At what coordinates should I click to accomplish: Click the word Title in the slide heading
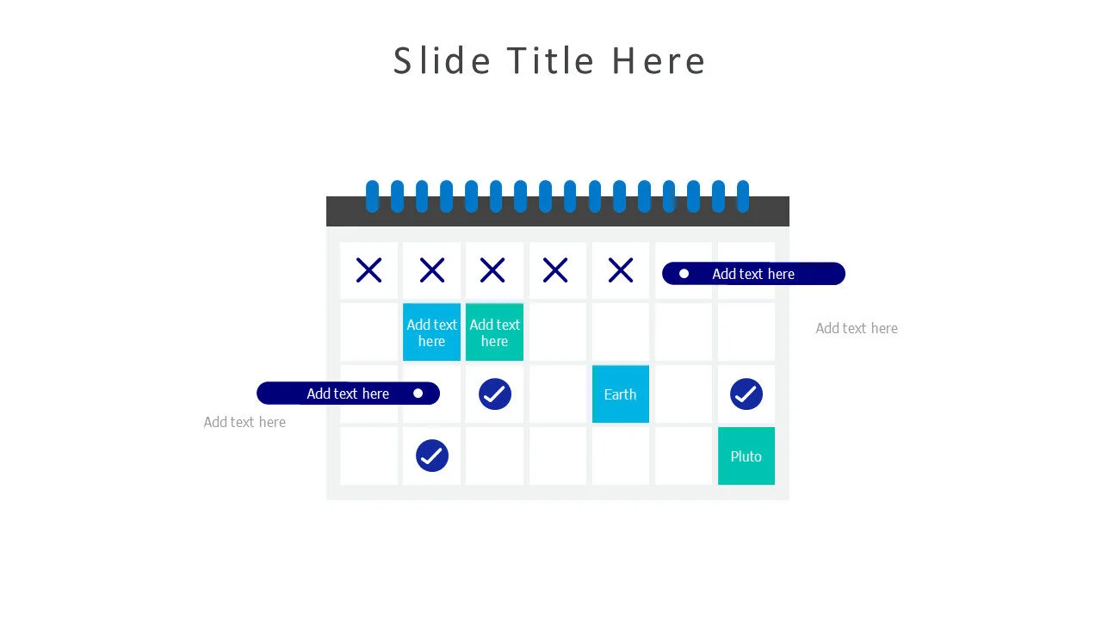(x=550, y=61)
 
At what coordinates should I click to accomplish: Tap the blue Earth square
(x=620, y=394)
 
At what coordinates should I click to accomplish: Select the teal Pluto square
(x=746, y=456)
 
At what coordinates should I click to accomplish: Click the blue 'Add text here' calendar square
(x=431, y=332)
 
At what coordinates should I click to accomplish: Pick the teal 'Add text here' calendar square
(x=494, y=332)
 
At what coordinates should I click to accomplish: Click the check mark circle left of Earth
(x=494, y=394)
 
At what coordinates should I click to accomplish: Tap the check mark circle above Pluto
(x=746, y=394)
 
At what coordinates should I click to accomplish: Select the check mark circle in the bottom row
(x=431, y=456)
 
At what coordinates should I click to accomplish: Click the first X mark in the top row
(x=368, y=270)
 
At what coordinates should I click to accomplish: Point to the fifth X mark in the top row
(x=620, y=270)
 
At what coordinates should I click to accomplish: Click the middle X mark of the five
(x=492, y=270)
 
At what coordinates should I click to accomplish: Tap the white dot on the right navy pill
(x=684, y=274)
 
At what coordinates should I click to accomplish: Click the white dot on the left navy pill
(x=418, y=394)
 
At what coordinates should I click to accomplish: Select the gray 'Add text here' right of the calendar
(x=856, y=328)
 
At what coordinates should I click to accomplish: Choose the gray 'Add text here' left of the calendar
(x=245, y=422)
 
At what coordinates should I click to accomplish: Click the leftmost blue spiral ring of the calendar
(x=372, y=196)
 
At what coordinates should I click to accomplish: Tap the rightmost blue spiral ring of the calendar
(x=742, y=196)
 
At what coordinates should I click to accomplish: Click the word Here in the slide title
(x=659, y=61)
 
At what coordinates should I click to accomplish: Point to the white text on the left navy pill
(x=348, y=394)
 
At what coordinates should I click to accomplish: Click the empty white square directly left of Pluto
(x=683, y=456)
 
